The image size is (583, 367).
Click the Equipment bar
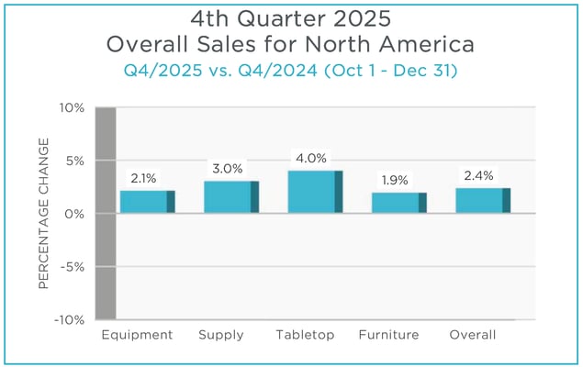(x=147, y=202)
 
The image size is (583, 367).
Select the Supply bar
(x=231, y=197)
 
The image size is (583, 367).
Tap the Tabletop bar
(x=315, y=192)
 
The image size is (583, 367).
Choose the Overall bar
(x=483, y=200)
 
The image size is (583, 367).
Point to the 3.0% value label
(x=228, y=169)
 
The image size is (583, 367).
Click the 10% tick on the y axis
(x=72, y=107)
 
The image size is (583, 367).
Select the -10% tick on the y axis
(x=70, y=320)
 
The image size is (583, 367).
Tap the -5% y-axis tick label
(x=73, y=267)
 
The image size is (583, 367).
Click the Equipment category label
(x=137, y=335)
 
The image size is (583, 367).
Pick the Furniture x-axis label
(x=389, y=335)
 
